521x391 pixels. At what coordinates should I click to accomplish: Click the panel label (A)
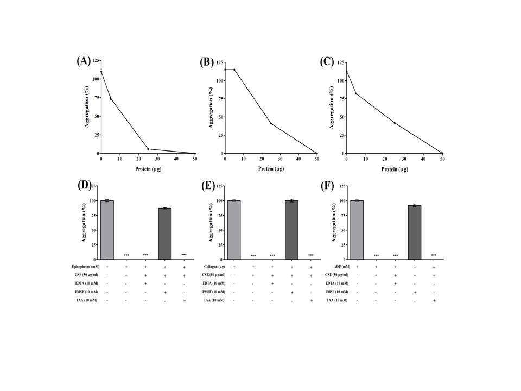83,61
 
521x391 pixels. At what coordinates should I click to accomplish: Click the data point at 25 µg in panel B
271,123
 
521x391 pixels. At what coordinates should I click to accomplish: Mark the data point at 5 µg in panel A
110,98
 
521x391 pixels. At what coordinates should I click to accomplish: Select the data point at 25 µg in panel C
395,123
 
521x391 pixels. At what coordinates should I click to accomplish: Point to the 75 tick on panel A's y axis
96,98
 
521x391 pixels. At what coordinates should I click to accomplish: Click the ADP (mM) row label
340,267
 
